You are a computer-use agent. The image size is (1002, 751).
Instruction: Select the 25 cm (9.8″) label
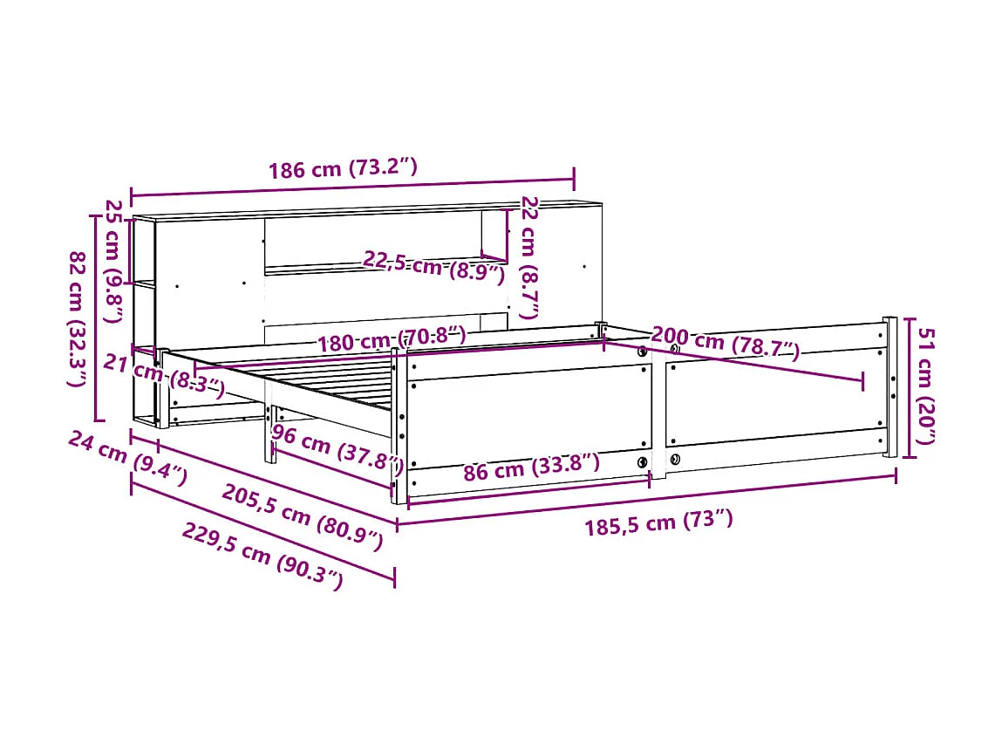tap(113, 260)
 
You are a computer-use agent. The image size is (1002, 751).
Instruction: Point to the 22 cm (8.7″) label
tap(529, 257)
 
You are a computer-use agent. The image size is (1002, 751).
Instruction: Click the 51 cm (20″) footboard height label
tap(926, 386)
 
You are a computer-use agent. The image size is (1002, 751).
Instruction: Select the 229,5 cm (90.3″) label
tap(262, 556)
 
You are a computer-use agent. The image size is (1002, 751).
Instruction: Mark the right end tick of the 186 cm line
tap(574, 180)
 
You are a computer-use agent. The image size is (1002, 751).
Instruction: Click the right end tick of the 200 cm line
tap(863, 380)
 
